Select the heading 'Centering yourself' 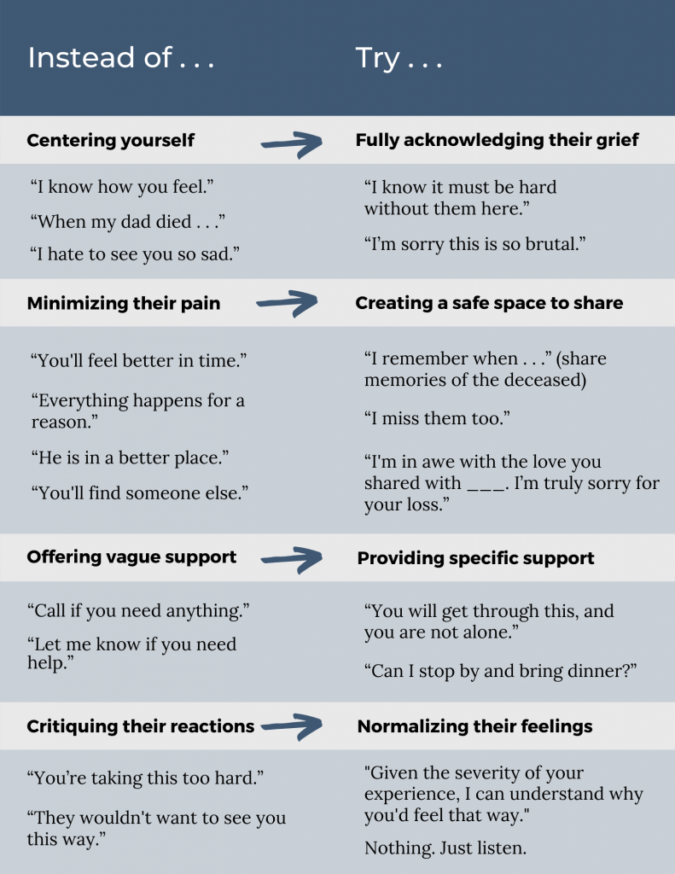pos(111,140)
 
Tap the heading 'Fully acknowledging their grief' pos(497,140)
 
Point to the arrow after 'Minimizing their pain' pos(287,301)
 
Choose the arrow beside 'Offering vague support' pos(291,558)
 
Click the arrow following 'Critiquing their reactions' pos(291,726)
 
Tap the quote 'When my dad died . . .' pos(127,222)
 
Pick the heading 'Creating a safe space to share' pos(489,303)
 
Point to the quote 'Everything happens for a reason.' pos(137,411)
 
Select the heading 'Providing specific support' pos(475,558)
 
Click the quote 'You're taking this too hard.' pos(146,778)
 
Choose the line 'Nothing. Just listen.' pos(445,848)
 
